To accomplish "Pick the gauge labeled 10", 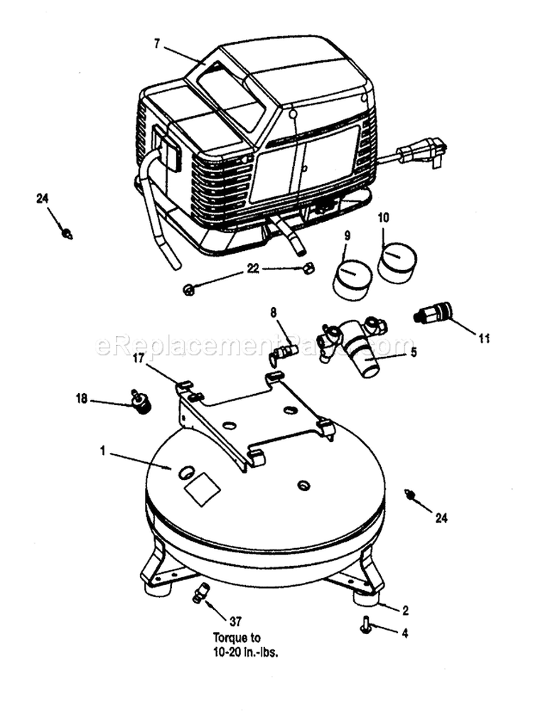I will [x=397, y=261].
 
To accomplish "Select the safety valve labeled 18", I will [x=141, y=402].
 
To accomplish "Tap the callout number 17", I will [x=139, y=359].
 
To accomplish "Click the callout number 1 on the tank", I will [x=103, y=450].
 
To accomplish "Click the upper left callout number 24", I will [x=41, y=198].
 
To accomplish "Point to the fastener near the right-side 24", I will [x=409, y=493].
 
